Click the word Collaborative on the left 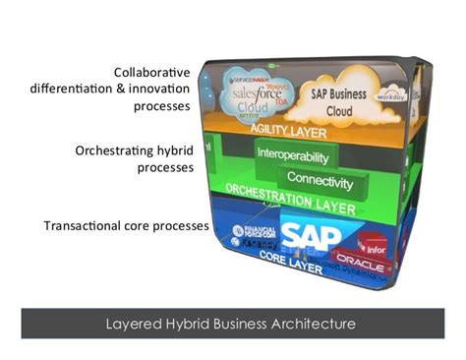151,72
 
